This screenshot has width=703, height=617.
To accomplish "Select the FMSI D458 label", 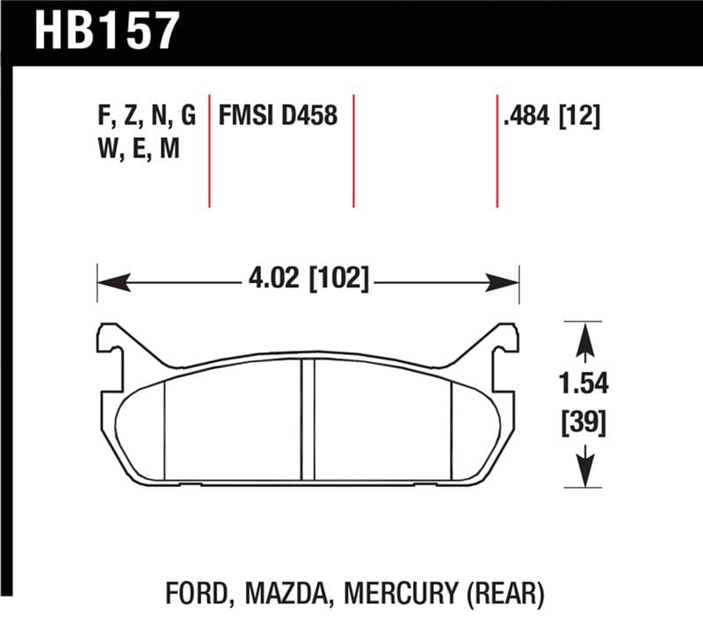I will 278,115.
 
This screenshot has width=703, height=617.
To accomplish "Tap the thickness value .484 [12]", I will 551,115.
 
